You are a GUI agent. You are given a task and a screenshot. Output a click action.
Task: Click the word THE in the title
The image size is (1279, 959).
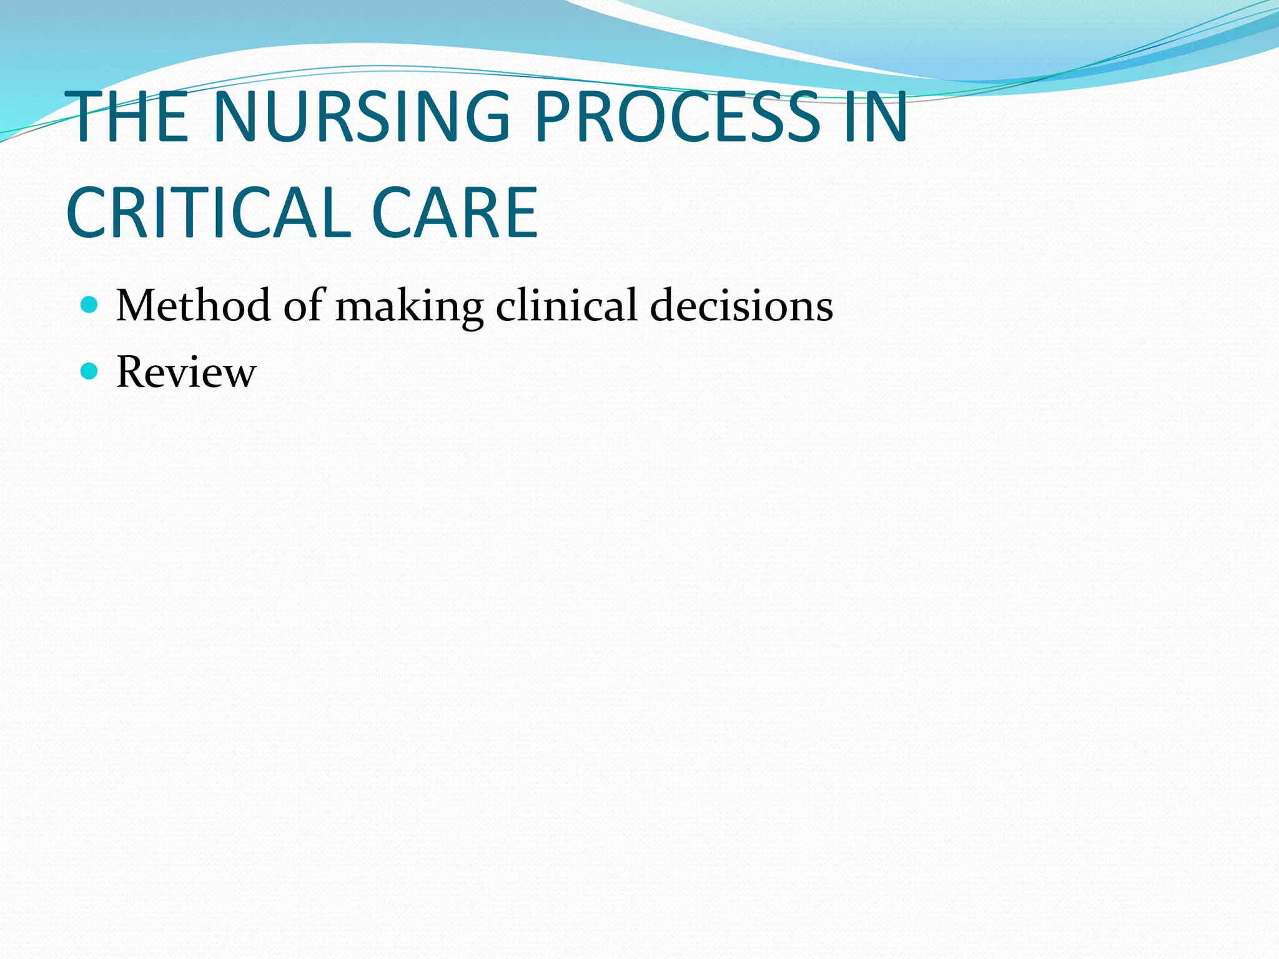128,117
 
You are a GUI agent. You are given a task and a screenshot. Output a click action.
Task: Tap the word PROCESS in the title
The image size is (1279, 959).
678,117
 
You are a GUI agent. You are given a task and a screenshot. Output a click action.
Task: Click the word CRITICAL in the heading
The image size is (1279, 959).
210,213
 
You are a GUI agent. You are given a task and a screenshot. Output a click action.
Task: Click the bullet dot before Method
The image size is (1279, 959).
90,305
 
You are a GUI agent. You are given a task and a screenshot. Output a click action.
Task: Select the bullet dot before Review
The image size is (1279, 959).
90,371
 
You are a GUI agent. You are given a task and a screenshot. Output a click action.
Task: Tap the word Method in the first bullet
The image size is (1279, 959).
193,306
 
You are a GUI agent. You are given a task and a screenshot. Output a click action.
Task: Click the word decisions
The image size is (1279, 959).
741,306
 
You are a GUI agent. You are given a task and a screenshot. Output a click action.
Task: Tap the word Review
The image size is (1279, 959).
186,373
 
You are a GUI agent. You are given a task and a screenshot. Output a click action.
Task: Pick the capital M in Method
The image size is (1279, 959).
139,306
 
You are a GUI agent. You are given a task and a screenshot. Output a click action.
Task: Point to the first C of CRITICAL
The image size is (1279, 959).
91,213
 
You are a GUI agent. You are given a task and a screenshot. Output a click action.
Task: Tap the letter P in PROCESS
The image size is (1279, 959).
553,117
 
